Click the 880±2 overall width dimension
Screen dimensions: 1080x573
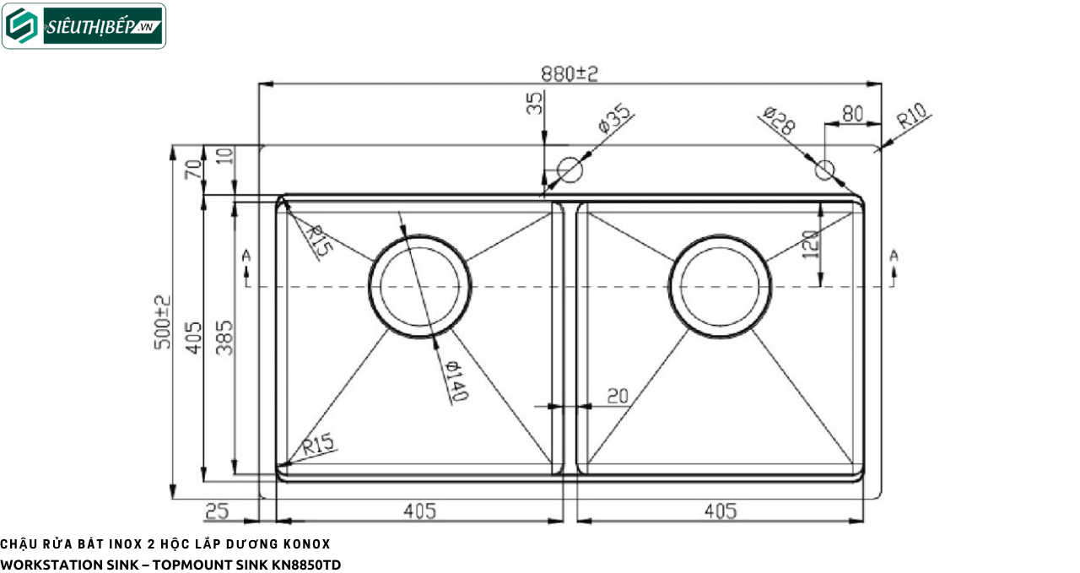(x=570, y=73)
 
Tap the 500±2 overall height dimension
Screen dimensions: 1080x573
(x=163, y=322)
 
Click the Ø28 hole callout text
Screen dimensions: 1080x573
(x=779, y=120)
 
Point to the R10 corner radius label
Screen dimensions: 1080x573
(x=912, y=116)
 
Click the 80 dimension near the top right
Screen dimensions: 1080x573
(x=852, y=114)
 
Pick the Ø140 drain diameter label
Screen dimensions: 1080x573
(x=456, y=381)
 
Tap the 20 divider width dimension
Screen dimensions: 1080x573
(x=618, y=396)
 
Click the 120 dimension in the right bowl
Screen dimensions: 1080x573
(x=811, y=244)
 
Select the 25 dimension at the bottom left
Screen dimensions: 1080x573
(x=217, y=511)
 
